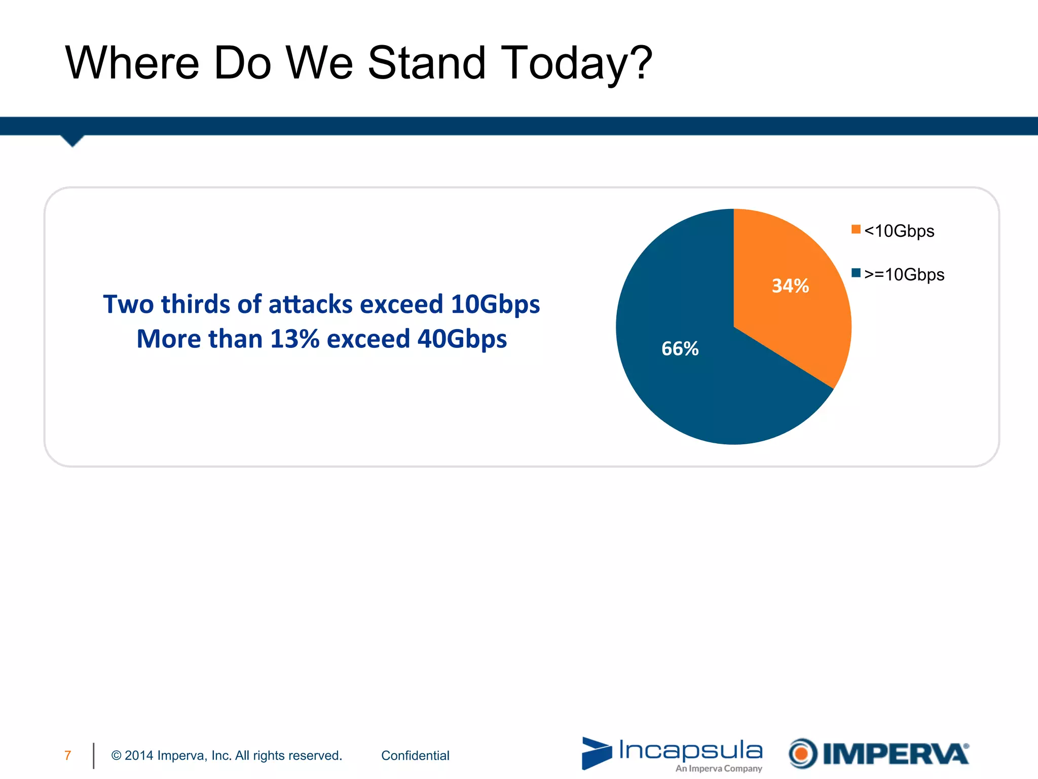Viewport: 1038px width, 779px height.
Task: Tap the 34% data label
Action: click(x=790, y=286)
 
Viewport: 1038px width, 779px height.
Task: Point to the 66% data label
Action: click(x=680, y=349)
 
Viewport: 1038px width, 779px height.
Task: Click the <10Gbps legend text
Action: click(x=899, y=231)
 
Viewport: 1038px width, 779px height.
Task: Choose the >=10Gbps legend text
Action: click(x=904, y=275)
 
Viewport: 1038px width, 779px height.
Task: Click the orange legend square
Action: click(x=856, y=229)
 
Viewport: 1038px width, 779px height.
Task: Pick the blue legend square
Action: click(x=856, y=273)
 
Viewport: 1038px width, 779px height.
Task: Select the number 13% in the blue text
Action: click(x=294, y=339)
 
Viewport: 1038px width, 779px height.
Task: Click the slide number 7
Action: click(x=68, y=756)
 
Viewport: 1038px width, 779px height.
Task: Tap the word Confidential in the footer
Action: click(x=415, y=756)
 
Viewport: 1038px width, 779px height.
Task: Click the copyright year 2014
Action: click(x=139, y=756)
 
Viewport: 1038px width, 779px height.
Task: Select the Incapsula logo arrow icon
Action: click(x=597, y=753)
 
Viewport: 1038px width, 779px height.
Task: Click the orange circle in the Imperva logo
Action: click(x=802, y=754)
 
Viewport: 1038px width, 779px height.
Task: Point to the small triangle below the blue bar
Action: click(x=72, y=140)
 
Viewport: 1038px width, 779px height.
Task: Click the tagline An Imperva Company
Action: click(x=718, y=769)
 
